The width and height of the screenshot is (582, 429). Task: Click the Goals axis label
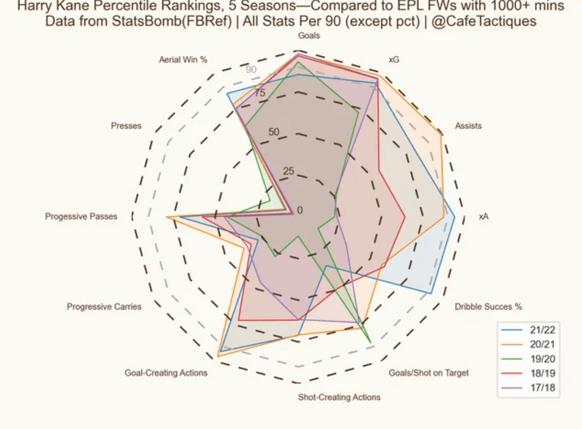pos(309,36)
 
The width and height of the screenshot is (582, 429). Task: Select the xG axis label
pos(393,60)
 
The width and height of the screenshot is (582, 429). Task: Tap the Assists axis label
pos(468,126)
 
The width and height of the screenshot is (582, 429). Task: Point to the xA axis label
pos(483,217)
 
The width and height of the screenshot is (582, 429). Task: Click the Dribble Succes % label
pos(488,307)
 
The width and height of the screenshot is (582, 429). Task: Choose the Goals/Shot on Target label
pos(428,373)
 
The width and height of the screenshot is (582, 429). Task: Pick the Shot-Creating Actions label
pos(339,397)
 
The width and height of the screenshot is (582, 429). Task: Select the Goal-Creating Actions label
pos(166,373)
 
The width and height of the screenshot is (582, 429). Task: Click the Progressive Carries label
pos(104,307)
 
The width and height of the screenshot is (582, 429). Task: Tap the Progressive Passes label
pos(81,217)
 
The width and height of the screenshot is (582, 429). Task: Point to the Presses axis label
pos(126,126)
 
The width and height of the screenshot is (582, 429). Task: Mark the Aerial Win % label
pos(183,60)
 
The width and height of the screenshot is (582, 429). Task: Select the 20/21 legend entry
pos(542,344)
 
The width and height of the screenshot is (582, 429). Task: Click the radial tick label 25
pos(289,172)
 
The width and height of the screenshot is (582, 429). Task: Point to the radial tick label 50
pos(273,132)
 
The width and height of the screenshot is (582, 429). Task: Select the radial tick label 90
pos(251,69)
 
